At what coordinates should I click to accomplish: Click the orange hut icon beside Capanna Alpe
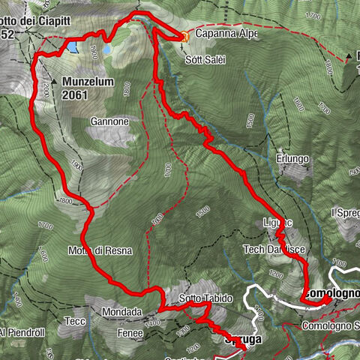pos(185,35)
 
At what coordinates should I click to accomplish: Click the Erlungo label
pos(292,158)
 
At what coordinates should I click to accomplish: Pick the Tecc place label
pos(75,321)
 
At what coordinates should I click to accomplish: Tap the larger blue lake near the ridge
pos(71,47)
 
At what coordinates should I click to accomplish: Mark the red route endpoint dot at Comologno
pos(327,301)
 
